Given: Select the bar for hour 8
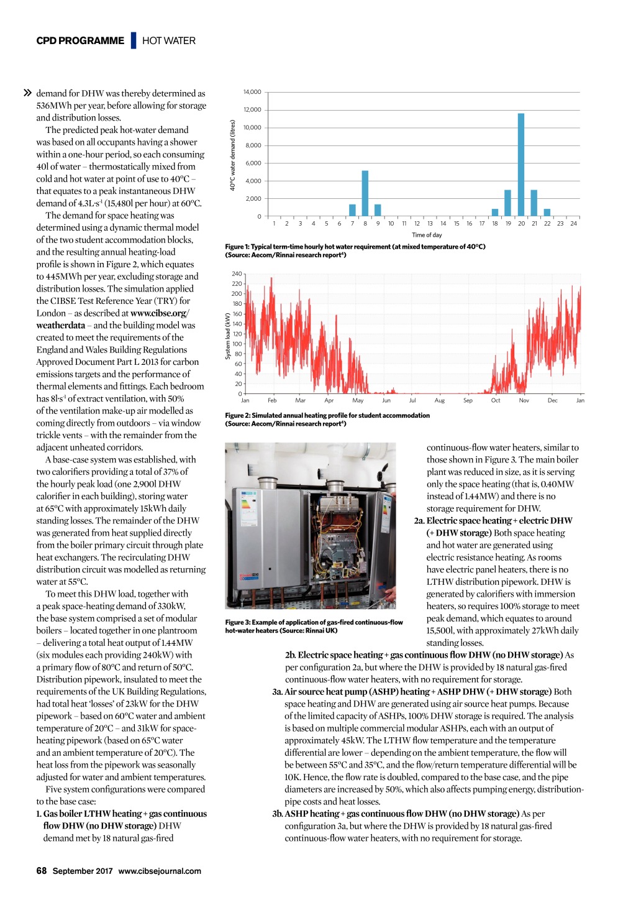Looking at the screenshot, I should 365,193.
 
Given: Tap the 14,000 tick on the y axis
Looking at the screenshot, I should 253,92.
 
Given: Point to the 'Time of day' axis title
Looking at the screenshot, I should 427,235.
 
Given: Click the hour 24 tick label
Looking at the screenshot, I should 573,224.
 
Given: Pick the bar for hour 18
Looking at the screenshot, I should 495,213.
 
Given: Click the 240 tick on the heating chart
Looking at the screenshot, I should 237,274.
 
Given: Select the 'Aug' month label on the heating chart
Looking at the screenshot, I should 440,401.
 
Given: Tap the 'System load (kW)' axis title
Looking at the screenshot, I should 228,336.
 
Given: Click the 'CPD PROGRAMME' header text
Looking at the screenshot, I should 80,41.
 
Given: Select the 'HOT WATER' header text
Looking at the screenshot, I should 169,41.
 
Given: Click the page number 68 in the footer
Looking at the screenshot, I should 42,871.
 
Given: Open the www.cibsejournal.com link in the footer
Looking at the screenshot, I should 160,871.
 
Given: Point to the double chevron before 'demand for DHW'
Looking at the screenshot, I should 27,93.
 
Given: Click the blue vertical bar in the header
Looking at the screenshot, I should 134,40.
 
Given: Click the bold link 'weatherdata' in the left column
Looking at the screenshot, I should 61,326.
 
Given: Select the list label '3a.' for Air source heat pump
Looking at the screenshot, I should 277,692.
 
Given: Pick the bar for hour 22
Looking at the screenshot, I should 547,213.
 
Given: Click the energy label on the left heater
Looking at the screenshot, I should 247,504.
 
